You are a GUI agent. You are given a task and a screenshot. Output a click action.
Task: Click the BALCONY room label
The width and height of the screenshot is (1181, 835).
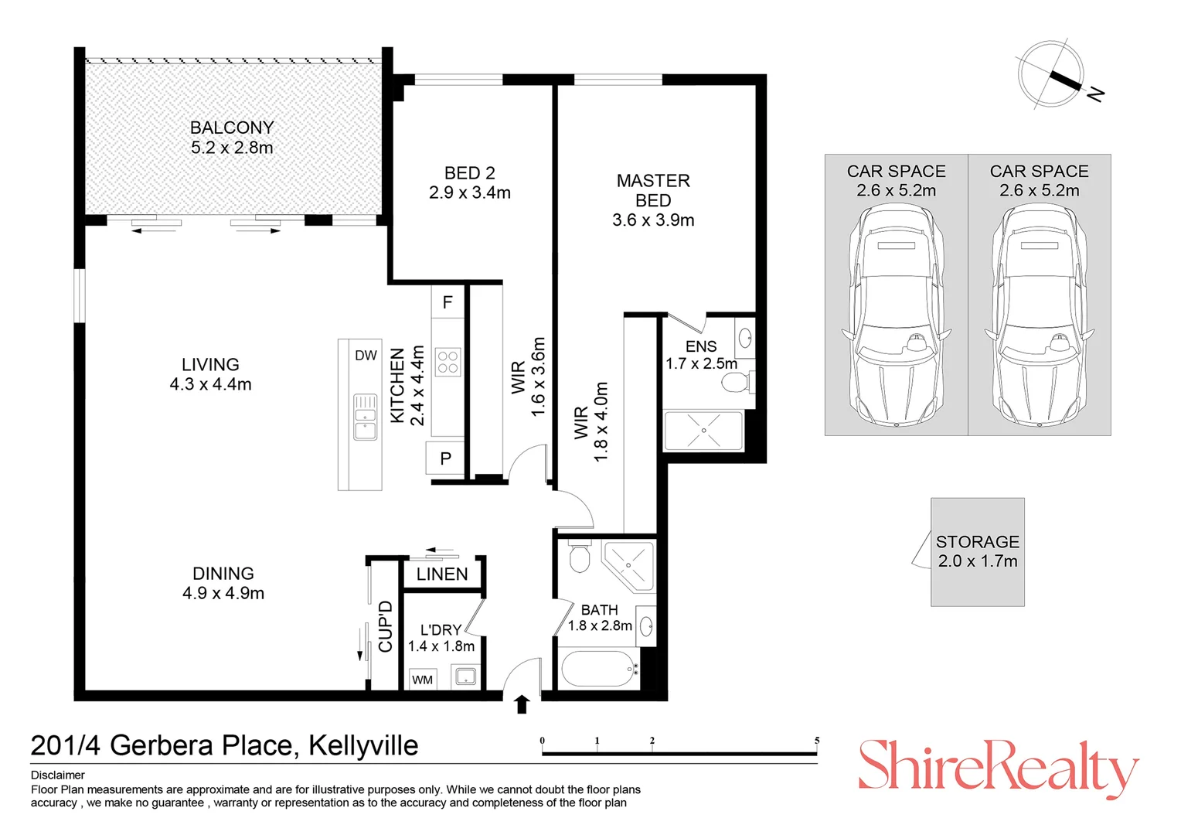point(232,128)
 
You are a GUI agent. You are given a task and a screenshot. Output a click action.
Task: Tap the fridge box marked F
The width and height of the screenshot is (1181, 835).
point(448,302)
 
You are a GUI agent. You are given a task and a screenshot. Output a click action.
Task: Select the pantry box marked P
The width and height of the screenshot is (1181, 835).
point(446,458)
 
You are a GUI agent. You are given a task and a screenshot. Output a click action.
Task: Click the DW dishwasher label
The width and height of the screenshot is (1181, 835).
point(366,356)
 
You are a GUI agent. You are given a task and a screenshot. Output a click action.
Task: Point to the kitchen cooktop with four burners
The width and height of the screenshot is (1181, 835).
point(448,362)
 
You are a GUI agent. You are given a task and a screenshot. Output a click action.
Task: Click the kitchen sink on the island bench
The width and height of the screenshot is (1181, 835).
point(365,417)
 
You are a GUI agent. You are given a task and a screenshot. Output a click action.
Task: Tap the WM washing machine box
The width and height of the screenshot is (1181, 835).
point(422,680)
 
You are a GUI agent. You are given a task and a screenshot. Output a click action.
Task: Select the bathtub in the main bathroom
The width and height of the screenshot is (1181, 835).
point(598,669)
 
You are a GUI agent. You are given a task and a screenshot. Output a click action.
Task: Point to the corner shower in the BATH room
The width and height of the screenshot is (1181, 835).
point(629,565)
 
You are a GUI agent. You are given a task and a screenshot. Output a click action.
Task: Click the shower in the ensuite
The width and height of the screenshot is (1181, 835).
point(703,431)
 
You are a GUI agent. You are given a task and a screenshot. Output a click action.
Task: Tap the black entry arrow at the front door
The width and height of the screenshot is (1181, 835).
point(522,704)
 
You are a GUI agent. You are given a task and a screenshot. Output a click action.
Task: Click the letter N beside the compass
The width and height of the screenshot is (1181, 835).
point(1095,94)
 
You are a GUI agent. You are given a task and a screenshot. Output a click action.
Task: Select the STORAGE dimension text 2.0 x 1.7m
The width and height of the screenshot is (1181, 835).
point(978,561)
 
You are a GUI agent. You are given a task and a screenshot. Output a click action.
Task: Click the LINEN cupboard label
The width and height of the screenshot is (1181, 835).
point(442,574)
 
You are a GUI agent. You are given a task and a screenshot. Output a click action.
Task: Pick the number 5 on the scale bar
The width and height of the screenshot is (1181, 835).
point(817,741)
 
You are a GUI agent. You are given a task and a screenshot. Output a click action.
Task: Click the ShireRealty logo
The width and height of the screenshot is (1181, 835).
point(999,767)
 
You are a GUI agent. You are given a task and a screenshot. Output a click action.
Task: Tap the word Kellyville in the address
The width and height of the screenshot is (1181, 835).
point(363,745)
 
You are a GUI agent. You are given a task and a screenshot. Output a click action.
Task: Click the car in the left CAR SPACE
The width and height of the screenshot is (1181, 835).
point(897,317)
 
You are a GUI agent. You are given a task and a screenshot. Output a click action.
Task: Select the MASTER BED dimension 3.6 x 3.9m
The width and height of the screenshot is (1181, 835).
point(653,220)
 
